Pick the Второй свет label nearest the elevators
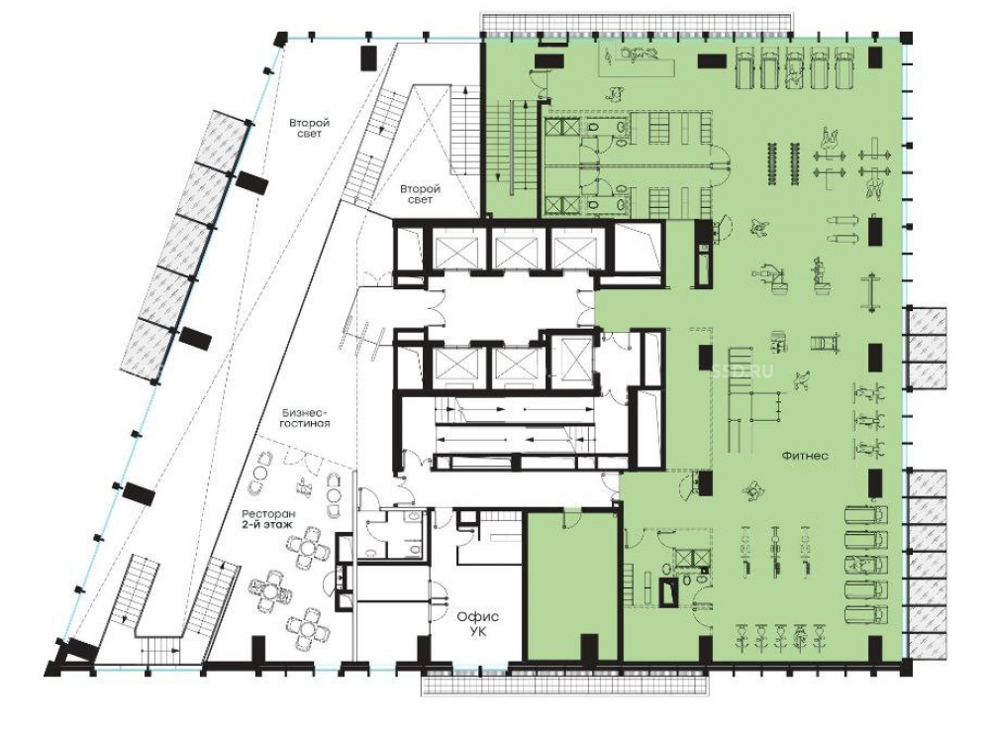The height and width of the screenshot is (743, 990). coord(421,194)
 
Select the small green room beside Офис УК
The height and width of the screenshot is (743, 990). coord(572,585)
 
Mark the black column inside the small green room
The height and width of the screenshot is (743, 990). coord(589,647)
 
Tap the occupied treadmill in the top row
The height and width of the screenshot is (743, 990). coord(795,68)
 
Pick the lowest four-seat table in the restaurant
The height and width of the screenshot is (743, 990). coord(306,625)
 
